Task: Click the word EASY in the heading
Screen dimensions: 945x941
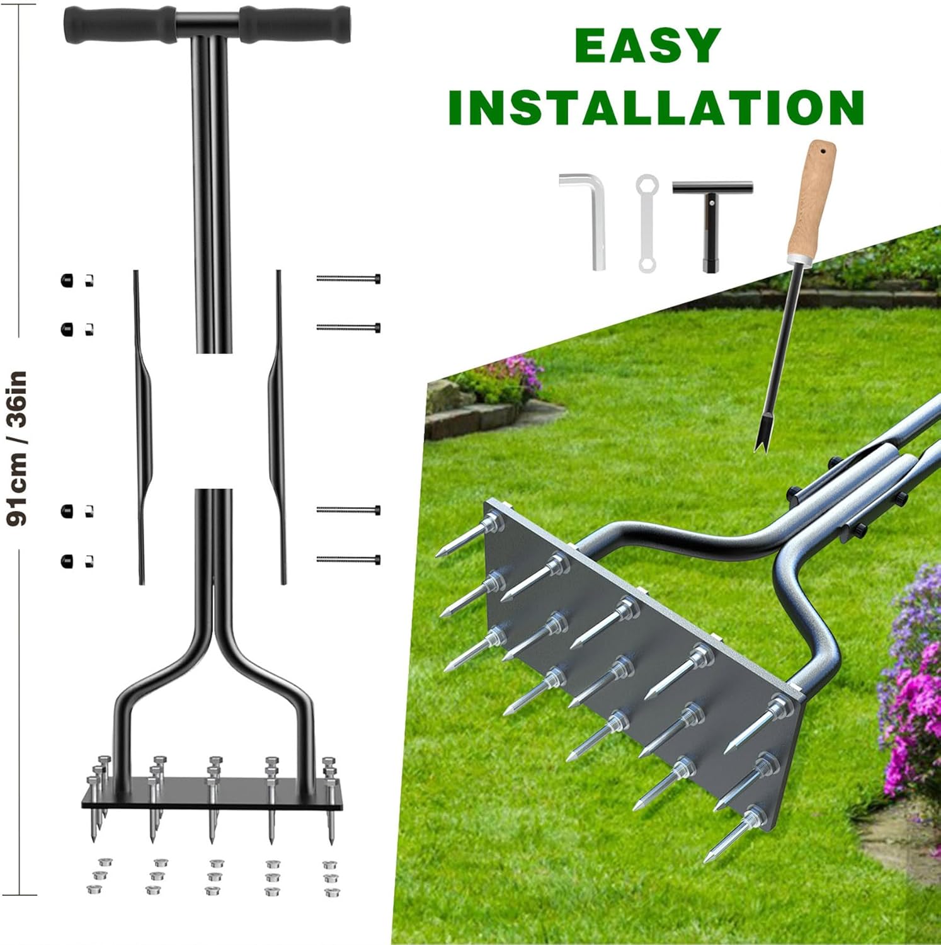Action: (647, 46)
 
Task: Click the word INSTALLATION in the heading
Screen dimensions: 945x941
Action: (656, 107)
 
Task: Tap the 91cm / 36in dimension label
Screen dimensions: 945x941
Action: (17, 448)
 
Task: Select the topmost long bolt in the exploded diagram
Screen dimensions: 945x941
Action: (348, 278)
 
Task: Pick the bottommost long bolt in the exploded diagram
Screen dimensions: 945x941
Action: (348, 559)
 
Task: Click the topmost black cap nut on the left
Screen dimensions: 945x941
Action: (67, 280)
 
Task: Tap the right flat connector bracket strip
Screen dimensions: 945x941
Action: (278, 428)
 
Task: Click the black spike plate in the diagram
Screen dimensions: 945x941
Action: (212, 794)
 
